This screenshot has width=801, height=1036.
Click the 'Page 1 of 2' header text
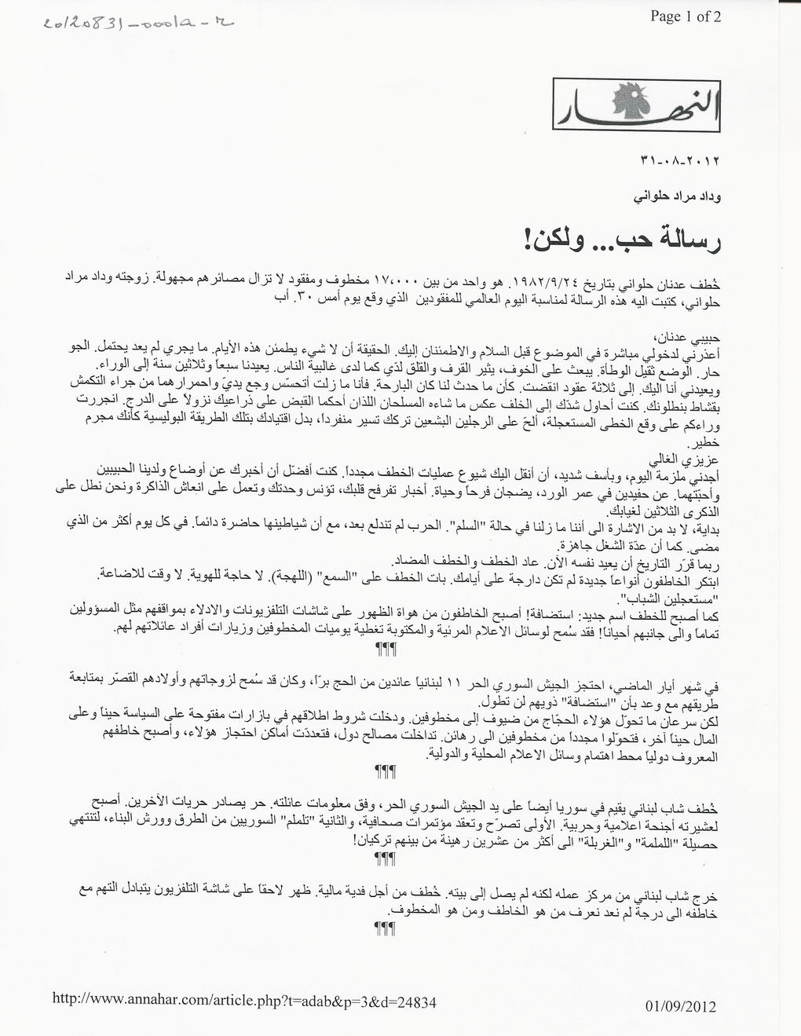[686, 16]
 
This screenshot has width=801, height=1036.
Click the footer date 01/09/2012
[681, 1006]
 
